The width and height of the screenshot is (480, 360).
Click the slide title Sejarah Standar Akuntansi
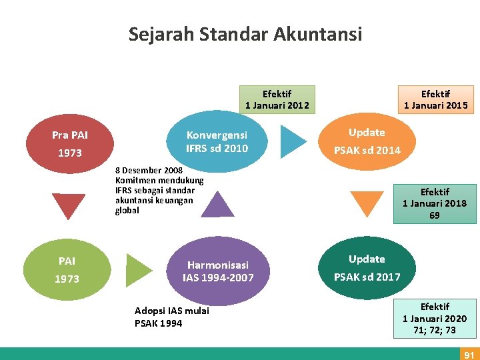[x=245, y=33]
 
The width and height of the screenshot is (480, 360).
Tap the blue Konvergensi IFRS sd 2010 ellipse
[x=217, y=141]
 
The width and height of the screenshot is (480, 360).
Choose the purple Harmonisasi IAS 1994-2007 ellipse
[x=218, y=271]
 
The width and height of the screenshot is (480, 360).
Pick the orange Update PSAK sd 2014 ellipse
[x=367, y=141]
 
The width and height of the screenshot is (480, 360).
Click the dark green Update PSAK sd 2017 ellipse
[x=367, y=268]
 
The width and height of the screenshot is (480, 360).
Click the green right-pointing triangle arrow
[x=139, y=270]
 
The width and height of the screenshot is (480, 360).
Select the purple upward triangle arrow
[x=218, y=204]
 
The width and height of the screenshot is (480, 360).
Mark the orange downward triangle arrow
[x=367, y=203]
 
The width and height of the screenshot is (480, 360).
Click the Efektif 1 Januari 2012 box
[x=277, y=99]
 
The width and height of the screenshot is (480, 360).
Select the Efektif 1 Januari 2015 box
[x=435, y=99]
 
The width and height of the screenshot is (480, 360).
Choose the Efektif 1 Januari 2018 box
[x=435, y=203]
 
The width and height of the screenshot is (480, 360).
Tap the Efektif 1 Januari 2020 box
[x=435, y=318]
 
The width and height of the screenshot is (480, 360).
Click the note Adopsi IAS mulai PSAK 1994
[x=172, y=317]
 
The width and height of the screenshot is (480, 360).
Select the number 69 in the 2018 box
[x=435, y=215]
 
